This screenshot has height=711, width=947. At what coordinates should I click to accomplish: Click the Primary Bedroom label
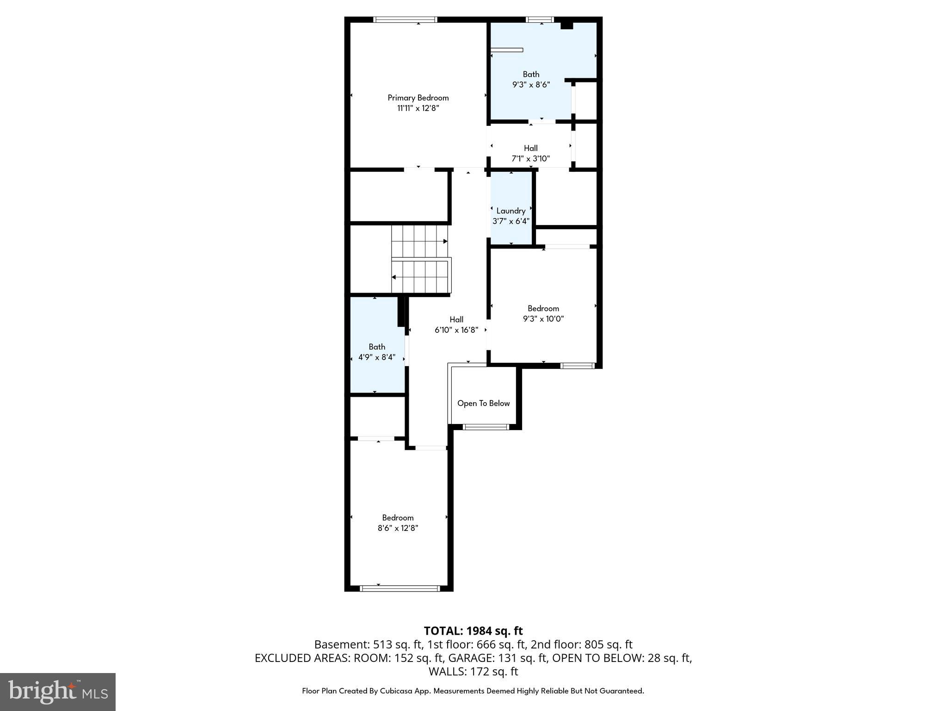(x=418, y=98)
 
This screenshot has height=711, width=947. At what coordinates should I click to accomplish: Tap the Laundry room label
(x=510, y=211)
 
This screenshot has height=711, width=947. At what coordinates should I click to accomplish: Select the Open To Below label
(x=483, y=403)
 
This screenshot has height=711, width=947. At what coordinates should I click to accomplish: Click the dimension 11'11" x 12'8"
(x=418, y=108)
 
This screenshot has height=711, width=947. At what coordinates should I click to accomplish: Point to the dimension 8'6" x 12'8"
(x=398, y=528)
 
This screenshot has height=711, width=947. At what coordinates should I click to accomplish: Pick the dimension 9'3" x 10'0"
(x=543, y=319)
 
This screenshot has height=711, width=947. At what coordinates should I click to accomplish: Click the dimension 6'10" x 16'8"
(x=456, y=330)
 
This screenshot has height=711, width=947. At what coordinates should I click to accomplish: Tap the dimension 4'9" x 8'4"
(x=377, y=357)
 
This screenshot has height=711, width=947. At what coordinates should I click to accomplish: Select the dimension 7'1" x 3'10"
(x=530, y=159)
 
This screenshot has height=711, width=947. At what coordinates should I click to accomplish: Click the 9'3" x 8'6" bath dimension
(x=531, y=85)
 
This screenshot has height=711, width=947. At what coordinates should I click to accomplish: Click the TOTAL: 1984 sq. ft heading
(x=473, y=631)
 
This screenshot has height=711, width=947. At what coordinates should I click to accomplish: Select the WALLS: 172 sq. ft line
(x=473, y=671)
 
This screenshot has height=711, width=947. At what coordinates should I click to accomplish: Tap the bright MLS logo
(x=58, y=692)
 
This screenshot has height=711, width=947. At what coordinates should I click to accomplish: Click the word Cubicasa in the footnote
(x=397, y=691)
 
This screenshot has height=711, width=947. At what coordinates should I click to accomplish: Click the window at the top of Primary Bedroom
(x=405, y=19)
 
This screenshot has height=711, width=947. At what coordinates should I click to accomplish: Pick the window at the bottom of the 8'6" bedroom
(x=400, y=588)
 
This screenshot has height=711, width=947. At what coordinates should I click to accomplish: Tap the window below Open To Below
(x=486, y=427)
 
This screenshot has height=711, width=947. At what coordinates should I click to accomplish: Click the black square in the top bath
(x=566, y=25)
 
